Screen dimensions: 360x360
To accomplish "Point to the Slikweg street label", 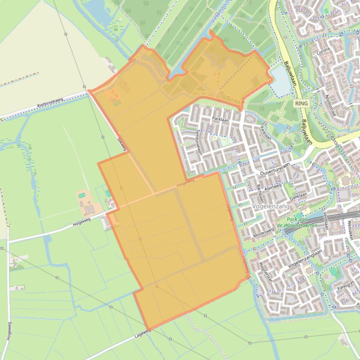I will (x=121, y=144).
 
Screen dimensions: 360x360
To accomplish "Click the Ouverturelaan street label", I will (x=275, y=170).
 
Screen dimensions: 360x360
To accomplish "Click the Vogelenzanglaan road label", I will (x=306, y=258).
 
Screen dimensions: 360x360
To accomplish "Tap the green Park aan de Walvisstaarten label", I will (x=302, y=222).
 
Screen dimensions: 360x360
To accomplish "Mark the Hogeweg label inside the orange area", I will (x=185, y=184).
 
